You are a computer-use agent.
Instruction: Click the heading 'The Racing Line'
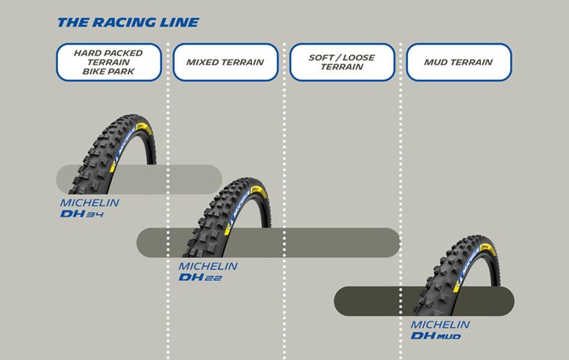(128, 23)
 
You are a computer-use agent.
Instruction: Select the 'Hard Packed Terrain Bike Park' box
(109, 62)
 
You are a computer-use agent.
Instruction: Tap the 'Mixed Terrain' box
(225, 62)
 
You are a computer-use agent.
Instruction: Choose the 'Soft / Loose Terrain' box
(342, 62)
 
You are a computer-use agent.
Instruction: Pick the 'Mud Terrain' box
(458, 62)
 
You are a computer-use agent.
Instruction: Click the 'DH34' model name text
(82, 214)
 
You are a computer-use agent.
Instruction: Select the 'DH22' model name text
(200, 278)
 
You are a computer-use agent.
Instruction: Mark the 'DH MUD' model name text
(436, 336)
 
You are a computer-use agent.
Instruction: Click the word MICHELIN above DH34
(89, 202)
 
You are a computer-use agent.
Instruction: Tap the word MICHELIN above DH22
(208, 266)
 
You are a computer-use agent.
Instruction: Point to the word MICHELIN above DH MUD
(440, 325)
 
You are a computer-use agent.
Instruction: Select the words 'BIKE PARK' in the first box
(108, 71)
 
